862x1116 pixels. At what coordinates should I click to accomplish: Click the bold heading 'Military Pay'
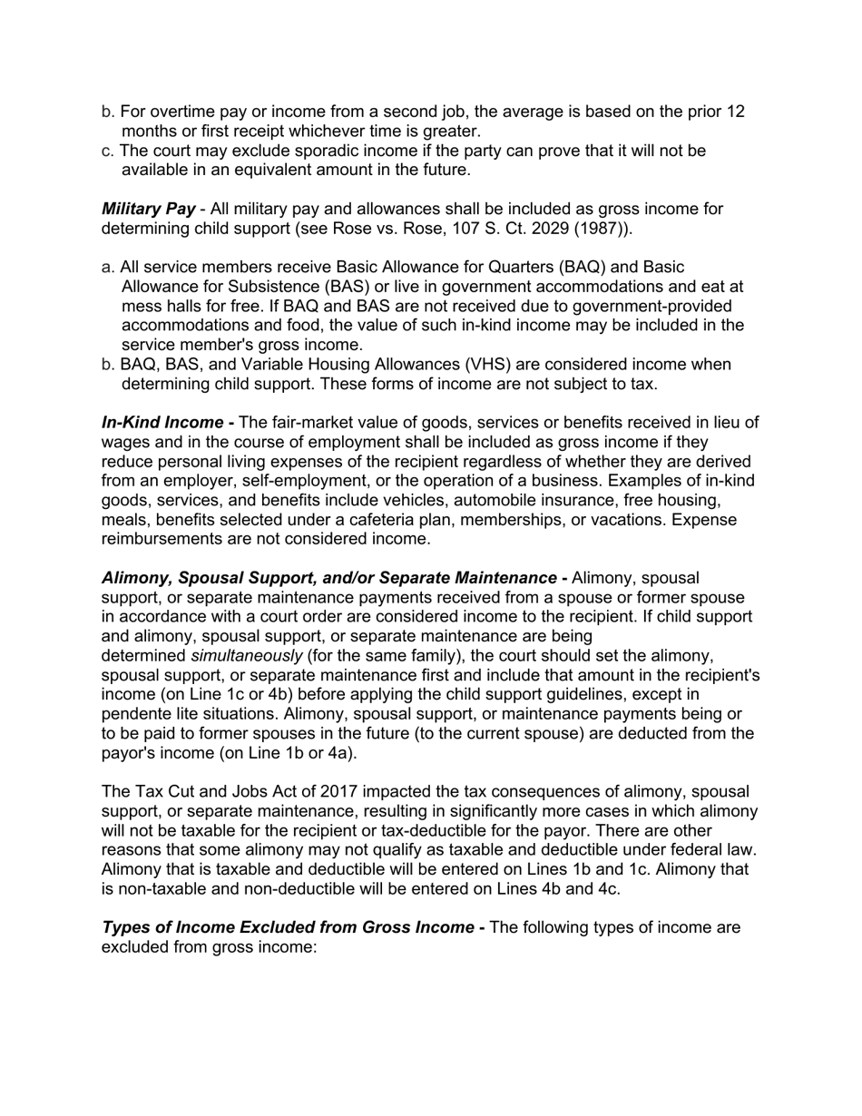148,210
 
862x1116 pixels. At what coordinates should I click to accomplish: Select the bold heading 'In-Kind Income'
162,423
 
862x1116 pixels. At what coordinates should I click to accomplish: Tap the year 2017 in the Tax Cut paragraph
322,792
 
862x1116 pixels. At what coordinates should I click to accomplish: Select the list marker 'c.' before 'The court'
108,151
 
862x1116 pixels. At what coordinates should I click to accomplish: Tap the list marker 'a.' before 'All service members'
108,268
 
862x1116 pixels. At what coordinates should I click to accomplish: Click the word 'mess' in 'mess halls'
140,307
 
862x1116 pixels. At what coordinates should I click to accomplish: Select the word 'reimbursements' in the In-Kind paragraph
162,539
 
